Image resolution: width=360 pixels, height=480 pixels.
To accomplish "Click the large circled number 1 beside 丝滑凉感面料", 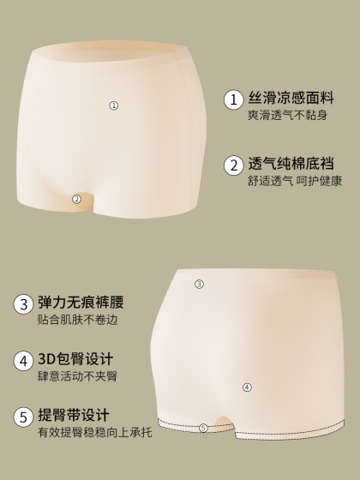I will coord(232,99).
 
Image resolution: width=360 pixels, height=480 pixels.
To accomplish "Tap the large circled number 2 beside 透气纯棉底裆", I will coord(232,165).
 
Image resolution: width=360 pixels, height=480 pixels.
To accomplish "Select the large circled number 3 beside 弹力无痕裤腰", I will coord(22,304).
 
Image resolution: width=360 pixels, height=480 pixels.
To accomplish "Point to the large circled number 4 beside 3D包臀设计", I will coord(22,361).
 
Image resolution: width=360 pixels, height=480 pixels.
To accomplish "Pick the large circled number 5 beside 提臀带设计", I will coord(22,417).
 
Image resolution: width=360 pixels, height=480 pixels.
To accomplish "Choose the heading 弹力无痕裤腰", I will coord(81,303).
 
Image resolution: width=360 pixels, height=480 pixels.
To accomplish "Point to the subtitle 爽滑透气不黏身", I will coord(288,116).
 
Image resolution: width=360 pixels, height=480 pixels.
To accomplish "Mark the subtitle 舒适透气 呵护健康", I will coord(295,181).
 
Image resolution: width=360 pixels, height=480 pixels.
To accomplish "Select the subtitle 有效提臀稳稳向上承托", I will coord(95,434).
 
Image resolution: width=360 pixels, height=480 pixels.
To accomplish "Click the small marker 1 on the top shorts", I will coord(113,105).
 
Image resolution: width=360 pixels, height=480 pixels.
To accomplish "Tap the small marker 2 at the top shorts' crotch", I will coord(76,199).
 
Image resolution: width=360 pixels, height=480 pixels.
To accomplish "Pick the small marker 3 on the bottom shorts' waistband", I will coord(199,284).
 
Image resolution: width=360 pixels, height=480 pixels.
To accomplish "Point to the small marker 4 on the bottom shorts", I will coord(247,387).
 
